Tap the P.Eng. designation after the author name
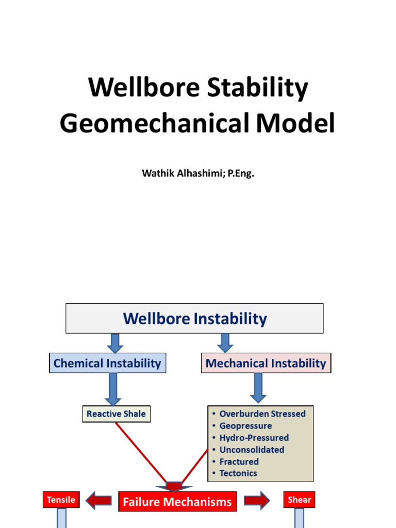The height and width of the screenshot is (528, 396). click(x=239, y=173)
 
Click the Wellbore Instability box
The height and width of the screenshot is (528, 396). click(x=194, y=319)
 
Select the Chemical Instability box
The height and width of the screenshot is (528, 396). click(x=107, y=364)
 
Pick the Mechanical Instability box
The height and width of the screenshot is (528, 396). click(x=266, y=364)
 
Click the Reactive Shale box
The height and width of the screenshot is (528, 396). click(x=116, y=414)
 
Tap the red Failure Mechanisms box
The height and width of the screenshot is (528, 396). click(x=177, y=502)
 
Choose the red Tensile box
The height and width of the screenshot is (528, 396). click(x=61, y=500)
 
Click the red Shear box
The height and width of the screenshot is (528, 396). click(x=299, y=500)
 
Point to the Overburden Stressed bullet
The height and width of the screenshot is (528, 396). click(x=262, y=414)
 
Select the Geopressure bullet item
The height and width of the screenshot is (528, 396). click(x=245, y=426)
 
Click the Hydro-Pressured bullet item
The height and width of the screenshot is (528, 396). click(x=254, y=438)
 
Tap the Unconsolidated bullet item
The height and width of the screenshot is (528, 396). click(x=252, y=450)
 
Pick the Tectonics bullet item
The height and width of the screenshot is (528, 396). click(x=238, y=473)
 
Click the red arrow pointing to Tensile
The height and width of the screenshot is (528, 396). click(x=98, y=500)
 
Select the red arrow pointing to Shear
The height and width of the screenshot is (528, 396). click(x=256, y=500)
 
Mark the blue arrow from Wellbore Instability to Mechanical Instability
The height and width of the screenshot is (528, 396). click(x=225, y=342)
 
